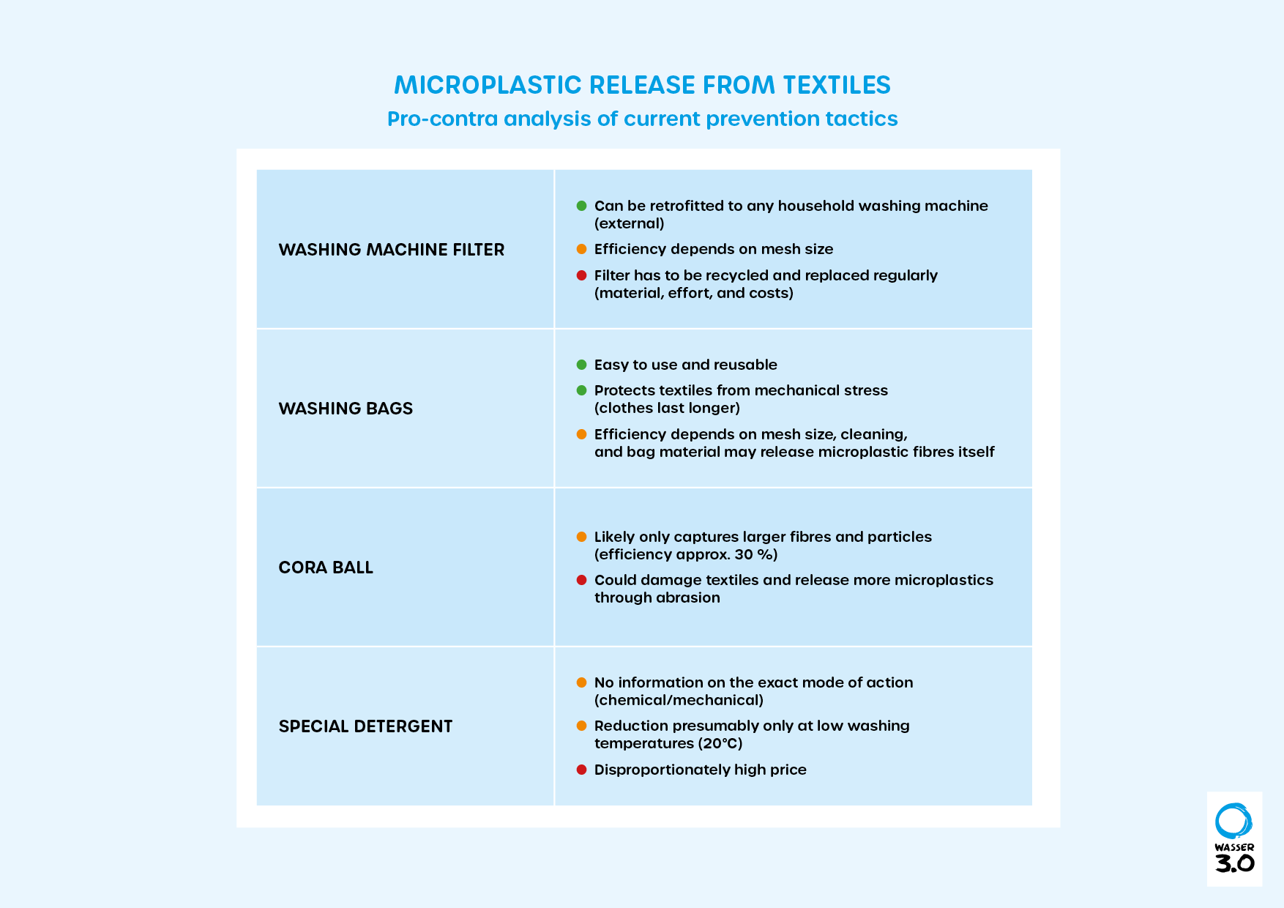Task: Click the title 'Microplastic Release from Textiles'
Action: (x=642, y=85)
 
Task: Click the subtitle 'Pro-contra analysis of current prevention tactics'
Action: (x=642, y=119)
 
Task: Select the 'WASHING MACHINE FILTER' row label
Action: (x=391, y=250)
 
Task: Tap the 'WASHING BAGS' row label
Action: (x=346, y=409)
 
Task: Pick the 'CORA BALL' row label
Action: (x=326, y=567)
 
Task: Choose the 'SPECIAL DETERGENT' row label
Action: (x=365, y=726)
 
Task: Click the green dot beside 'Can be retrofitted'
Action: (x=581, y=206)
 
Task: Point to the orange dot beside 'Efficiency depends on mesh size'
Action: (x=581, y=249)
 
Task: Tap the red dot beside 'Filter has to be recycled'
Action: (x=581, y=275)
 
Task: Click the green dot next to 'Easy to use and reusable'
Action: (x=581, y=365)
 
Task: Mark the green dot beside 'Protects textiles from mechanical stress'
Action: (x=581, y=390)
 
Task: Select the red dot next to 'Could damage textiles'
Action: (x=581, y=580)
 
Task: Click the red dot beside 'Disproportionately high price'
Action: (x=581, y=770)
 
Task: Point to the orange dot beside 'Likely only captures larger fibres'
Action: (x=581, y=537)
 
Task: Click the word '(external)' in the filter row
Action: (x=629, y=223)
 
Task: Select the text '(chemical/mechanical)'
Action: (x=679, y=700)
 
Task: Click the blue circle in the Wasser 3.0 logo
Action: (x=1233, y=821)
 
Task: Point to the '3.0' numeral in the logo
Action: (x=1234, y=863)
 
